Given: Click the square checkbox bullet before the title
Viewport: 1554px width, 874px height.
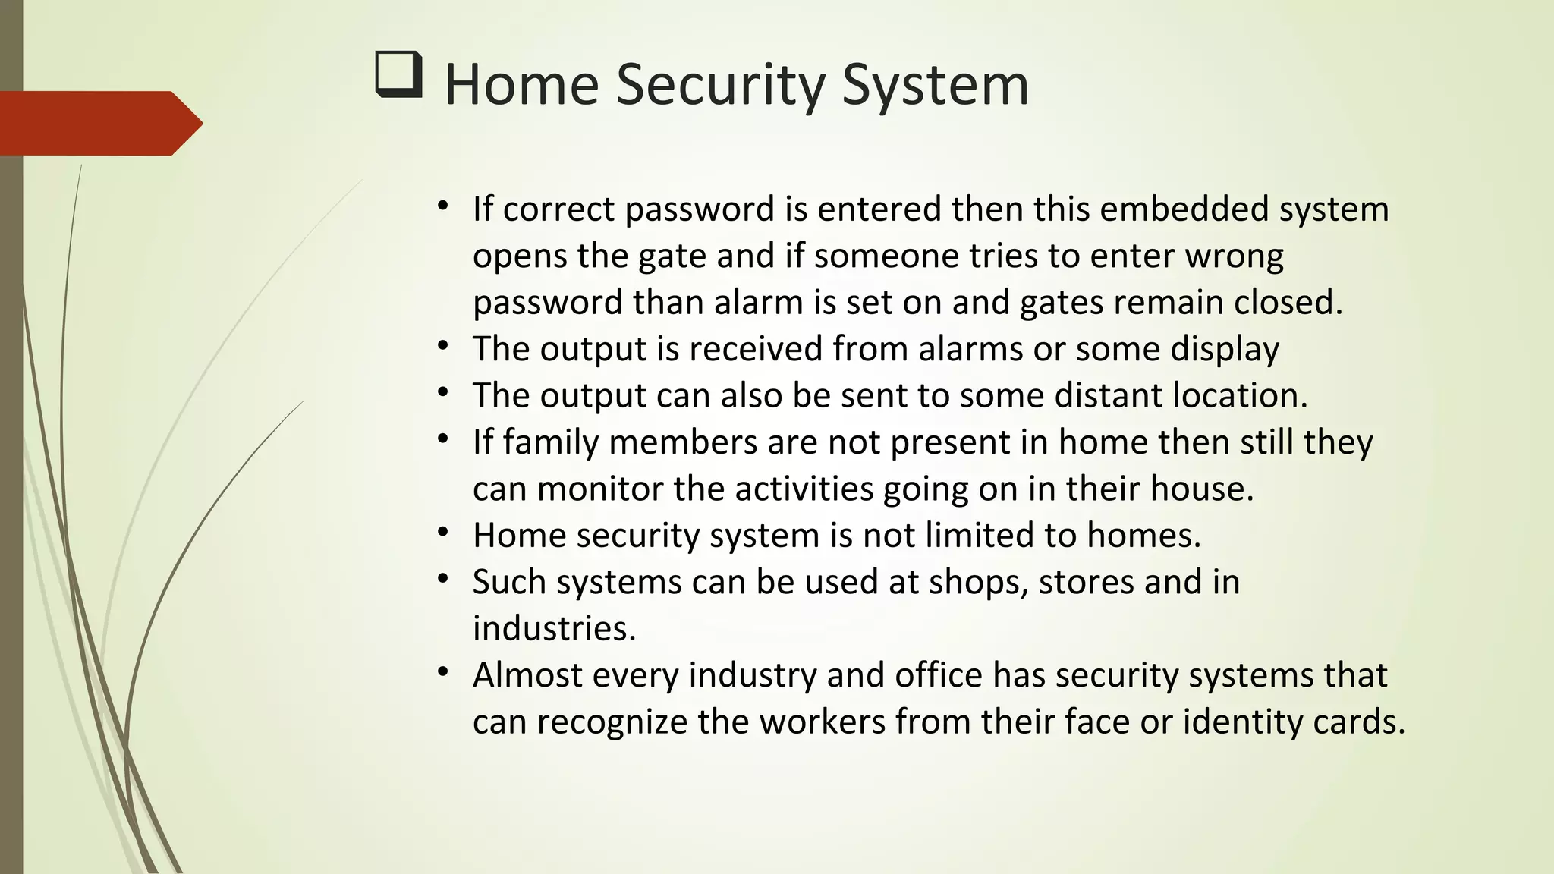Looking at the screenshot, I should click(398, 74).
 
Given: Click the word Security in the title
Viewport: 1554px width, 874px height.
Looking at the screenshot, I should click(720, 85).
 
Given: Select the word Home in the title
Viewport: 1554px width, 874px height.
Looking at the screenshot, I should click(521, 85).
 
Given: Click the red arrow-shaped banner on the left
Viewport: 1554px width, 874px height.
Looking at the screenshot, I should click(99, 123).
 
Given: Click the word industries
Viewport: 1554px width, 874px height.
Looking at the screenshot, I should click(553, 629).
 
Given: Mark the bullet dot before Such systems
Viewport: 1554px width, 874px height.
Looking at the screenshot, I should click(444, 580).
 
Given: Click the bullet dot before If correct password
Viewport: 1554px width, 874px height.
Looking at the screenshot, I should click(444, 206).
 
